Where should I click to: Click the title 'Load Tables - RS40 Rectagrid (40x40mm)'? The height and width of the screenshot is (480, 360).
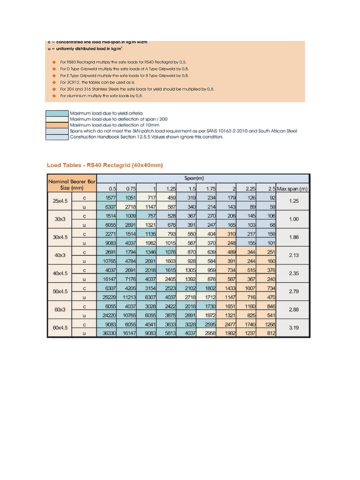(x=105, y=165)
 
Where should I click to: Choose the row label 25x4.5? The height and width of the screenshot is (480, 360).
(x=60, y=202)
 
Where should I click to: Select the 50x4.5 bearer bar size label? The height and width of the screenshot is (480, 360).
(x=60, y=292)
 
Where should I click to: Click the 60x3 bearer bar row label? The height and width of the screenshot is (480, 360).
(x=60, y=310)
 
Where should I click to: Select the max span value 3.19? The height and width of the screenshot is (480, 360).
(x=293, y=328)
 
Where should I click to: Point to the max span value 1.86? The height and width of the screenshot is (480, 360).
(x=293, y=238)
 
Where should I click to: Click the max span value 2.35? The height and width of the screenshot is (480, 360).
(x=293, y=274)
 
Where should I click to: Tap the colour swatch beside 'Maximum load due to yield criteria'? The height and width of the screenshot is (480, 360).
(x=56, y=113)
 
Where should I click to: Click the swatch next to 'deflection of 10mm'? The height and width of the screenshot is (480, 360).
(x=56, y=125)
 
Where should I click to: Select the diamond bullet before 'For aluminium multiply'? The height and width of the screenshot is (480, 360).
(x=54, y=96)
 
